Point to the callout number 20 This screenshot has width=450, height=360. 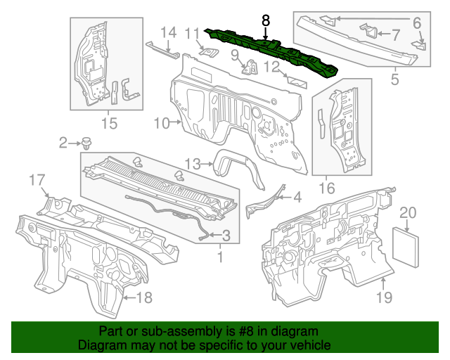tap(408, 213)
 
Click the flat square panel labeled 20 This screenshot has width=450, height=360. tap(406, 243)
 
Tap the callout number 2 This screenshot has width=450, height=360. tap(63, 143)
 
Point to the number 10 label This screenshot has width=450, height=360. tap(161, 123)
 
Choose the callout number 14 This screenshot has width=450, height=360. tap(167, 32)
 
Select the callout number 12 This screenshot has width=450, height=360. tap(272, 67)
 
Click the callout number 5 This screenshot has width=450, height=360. tap(394, 79)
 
